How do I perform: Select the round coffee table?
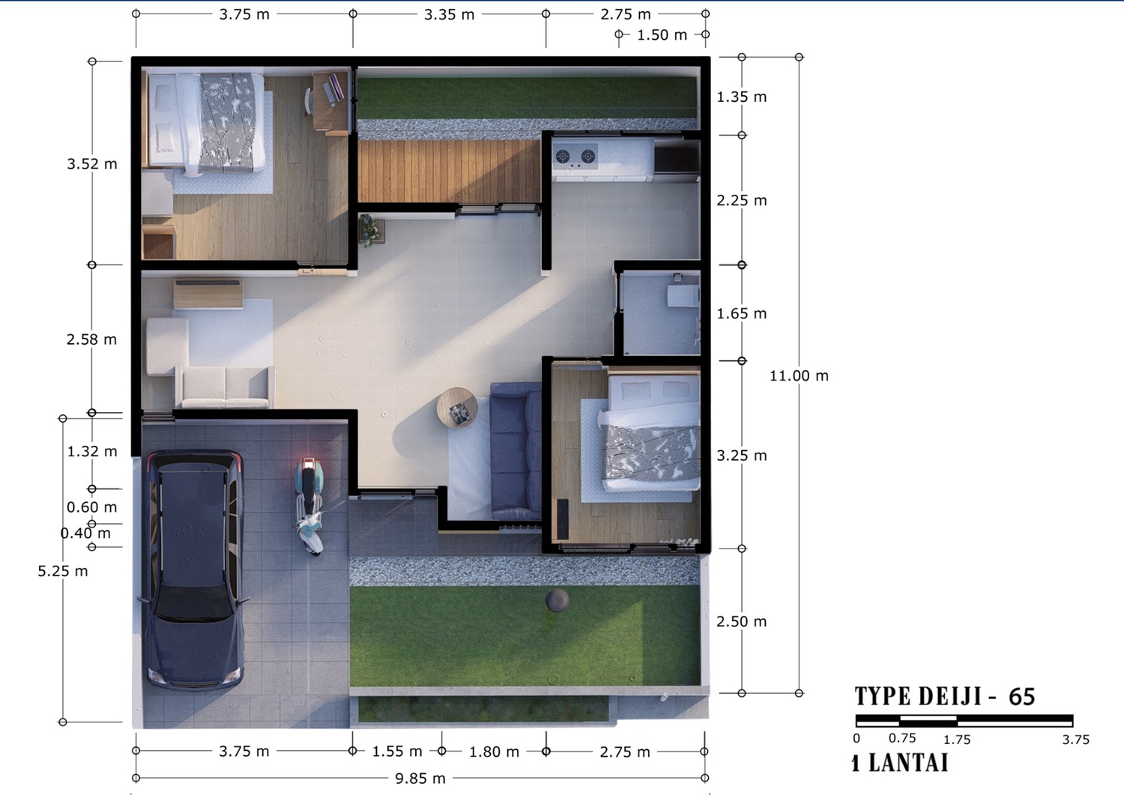click(x=456, y=407)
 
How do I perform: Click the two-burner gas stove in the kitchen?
click(x=575, y=157)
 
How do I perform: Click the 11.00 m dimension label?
click(x=799, y=375)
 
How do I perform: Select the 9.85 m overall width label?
click(x=420, y=779)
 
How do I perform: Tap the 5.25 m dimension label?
click(x=63, y=571)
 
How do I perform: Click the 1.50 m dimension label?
click(x=662, y=35)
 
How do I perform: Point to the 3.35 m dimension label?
click(x=449, y=14)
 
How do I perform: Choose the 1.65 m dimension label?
click(x=742, y=314)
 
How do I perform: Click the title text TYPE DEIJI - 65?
click(x=945, y=697)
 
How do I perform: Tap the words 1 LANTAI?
click(x=900, y=763)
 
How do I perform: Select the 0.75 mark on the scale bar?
click(x=902, y=738)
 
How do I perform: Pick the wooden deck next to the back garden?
click(x=449, y=172)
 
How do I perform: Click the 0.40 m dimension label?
click(x=85, y=533)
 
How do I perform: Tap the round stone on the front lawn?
click(x=557, y=600)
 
